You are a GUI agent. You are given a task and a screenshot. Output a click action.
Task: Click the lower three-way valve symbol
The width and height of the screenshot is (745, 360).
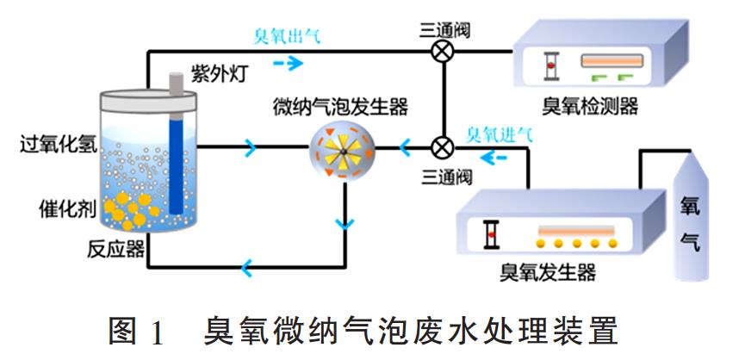pos(444,147)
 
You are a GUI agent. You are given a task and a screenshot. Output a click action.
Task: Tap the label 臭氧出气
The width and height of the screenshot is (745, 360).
pos(289,37)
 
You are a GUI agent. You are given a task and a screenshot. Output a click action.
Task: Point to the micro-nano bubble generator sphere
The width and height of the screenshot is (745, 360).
pos(343,149)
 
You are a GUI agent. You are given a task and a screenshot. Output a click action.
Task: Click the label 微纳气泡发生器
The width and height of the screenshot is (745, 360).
pos(339,108)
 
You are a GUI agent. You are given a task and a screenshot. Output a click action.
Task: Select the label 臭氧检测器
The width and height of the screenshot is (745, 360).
pos(590,106)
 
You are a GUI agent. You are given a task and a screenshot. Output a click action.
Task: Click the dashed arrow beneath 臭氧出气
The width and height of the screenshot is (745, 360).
pos(289,62)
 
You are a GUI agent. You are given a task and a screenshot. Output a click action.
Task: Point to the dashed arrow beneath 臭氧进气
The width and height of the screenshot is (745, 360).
pos(494,158)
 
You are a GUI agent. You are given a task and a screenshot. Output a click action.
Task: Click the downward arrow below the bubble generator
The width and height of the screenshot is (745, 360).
pos(345,225)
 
